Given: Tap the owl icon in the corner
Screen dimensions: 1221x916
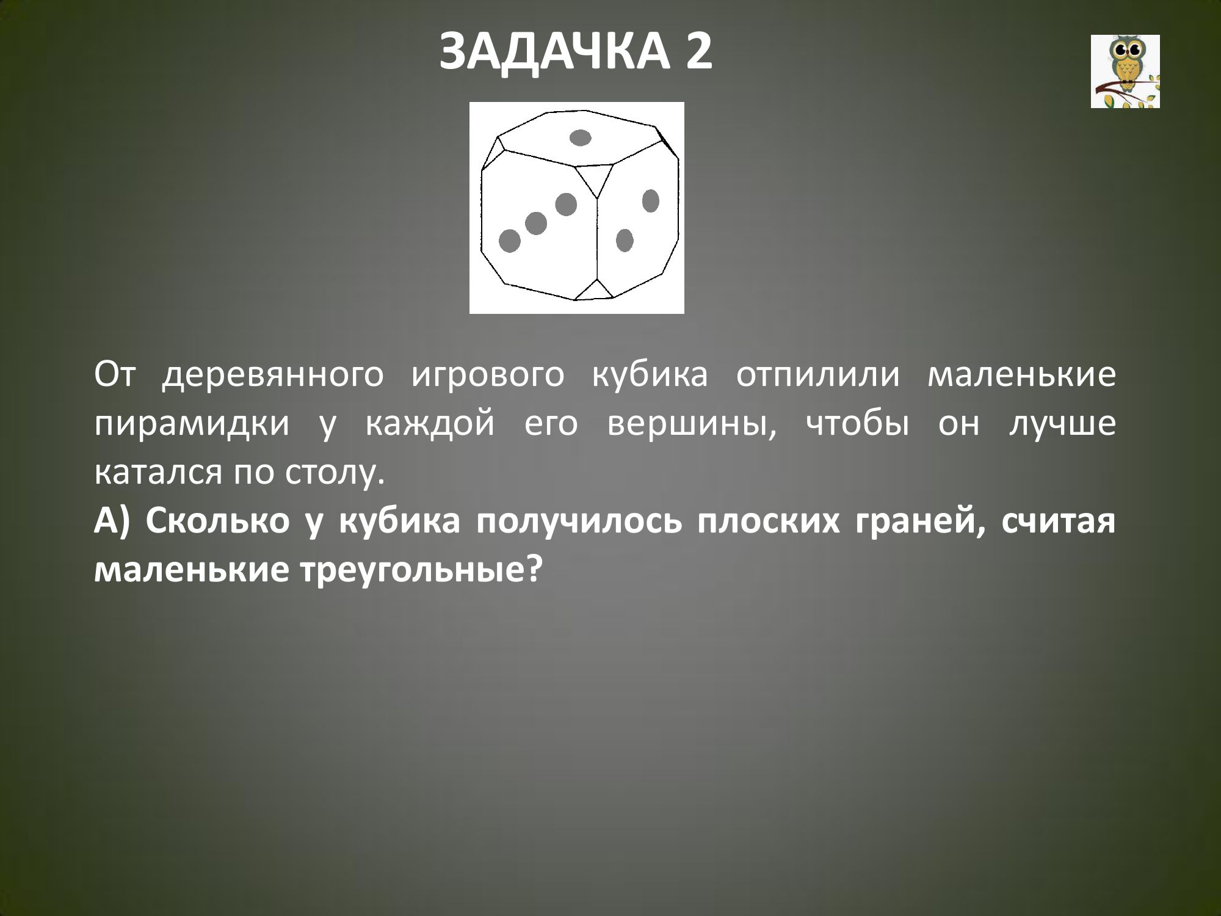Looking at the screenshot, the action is (x=1125, y=71).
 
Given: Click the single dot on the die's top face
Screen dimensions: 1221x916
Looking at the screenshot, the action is (x=581, y=138).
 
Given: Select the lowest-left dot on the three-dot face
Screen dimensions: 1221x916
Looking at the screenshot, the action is (x=510, y=241).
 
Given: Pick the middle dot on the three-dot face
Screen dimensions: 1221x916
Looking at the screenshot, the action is (x=536, y=224).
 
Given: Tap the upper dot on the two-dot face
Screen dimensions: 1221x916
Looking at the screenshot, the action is (x=651, y=201).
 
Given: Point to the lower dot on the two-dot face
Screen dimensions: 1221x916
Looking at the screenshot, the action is (x=624, y=240).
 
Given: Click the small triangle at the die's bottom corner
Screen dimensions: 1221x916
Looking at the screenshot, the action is (x=594, y=291).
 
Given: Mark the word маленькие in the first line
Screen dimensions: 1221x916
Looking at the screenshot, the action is (x=1021, y=376).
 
